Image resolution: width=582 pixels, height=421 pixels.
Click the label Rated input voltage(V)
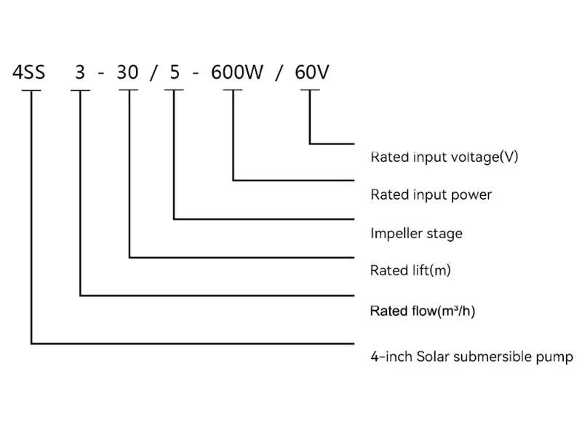click(444, 157)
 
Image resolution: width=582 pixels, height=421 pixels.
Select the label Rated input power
click(431, 194)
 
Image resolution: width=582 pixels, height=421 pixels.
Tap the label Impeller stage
click(416, 234)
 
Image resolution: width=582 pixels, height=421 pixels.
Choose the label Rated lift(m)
click(410, 271)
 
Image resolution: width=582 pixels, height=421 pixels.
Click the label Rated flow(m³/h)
click(423, 312)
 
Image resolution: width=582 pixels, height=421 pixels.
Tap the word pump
click(557, 358)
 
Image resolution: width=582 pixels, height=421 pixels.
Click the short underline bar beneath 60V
click(310, 90)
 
